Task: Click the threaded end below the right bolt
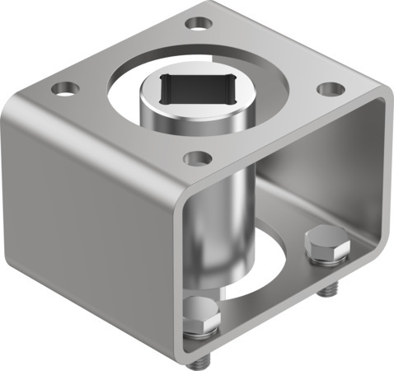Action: point(331,289)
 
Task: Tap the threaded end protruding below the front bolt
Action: point(203,360)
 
